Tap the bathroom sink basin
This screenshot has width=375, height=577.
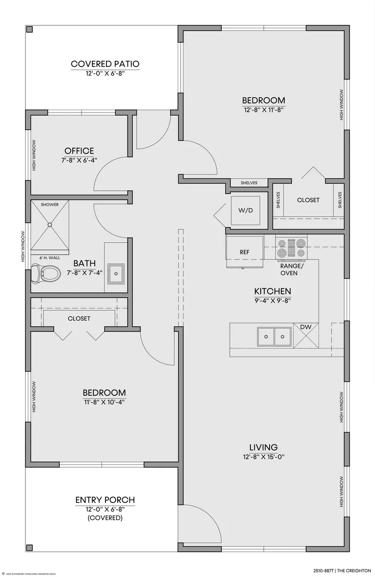116,274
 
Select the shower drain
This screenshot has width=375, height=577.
50,224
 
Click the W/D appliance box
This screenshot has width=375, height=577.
246,211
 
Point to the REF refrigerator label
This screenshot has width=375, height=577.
245,252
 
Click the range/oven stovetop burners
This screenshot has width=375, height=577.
292,248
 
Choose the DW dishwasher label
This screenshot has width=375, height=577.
306,327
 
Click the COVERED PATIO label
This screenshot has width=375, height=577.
105,64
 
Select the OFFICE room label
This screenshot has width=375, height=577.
79,151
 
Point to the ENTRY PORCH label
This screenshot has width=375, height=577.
105,500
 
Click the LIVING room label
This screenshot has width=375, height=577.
263,447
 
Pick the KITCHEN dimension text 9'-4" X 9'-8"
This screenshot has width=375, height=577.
272,300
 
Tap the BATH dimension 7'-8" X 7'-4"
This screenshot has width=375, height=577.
84,273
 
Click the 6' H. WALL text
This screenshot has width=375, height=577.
50,258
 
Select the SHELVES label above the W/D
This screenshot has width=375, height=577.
249,183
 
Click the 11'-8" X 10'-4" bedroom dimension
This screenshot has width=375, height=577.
104,402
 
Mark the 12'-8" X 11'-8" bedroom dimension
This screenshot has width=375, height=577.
263,109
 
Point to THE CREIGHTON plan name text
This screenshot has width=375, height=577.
353,571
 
